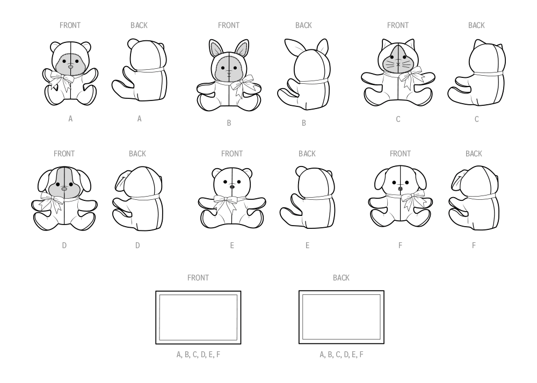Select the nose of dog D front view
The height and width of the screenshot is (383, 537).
[64, 189]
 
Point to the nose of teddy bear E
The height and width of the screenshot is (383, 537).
[232, 188]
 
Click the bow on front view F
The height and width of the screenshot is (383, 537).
[412, 200]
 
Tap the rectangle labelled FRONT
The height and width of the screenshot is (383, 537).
[198, 317]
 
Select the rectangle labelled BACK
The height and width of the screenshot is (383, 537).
[341, 317]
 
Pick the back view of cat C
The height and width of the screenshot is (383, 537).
[477, 75]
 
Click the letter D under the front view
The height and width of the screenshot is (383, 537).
[64, 245]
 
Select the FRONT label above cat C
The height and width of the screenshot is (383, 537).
[397, 25]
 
